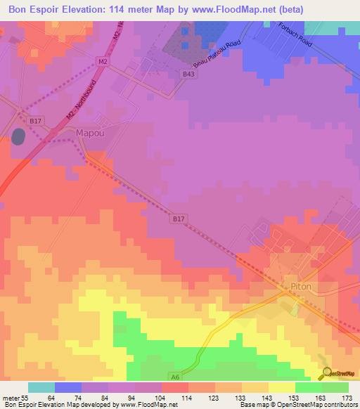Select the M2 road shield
pyautogui.click(x=103, y=63)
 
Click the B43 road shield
pyautogui.click(x=188, y=73)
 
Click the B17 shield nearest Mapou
pyautogui.click(x=36, y=121)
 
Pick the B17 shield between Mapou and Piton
pyautogui.click(x=179, y=219)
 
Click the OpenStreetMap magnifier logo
pyautogui.click(x=326, y=373)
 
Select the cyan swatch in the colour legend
pyautogui.click(x=41, y=387)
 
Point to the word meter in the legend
pyautogui.click(x=11, y=398)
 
